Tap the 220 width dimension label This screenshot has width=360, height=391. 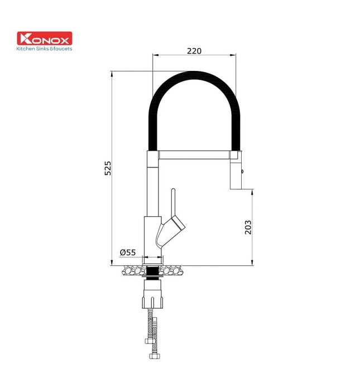tap(194, 51)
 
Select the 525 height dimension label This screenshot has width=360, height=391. tap(108, 168)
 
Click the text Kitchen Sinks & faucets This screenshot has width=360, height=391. tap(45, 49)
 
